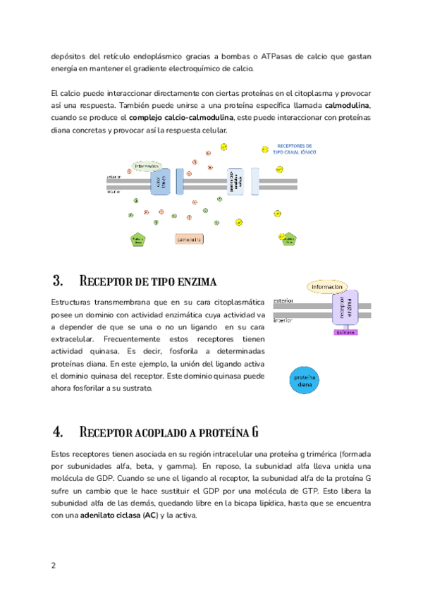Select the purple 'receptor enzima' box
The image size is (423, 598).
pyautogui.click(x=345, y=308)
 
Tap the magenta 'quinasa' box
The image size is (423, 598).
pyautogui.click(x=345, y=331)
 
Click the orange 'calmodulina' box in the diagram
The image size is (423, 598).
pyautogui.click(x=189, y=240)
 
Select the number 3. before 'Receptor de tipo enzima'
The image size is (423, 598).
pyautogui.click(x=59, y=281)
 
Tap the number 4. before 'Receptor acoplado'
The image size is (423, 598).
pyautogui.click(x=59, y=431)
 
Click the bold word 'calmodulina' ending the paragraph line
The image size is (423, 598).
pyautogui.click(x=348, y=106)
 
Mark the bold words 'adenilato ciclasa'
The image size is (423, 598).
pyautogui.click(x=110, y=515)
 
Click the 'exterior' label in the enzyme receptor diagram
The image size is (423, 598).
pyautogui.click(x=283, y=300)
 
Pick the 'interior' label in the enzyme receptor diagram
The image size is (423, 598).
pyautogui.click(x=283, y=319)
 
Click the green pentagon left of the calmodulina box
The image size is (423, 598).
pyautogui.click(x=137, y=240)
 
